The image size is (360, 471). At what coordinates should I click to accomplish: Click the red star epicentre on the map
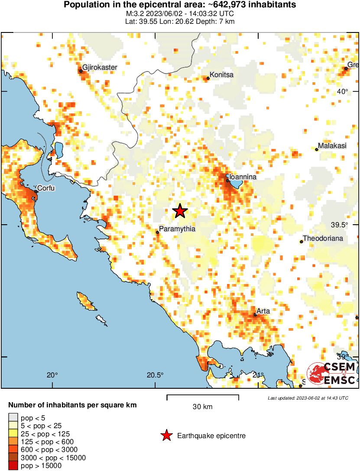tap(180, 211)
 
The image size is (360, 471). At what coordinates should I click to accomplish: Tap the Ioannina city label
tap(243, 177)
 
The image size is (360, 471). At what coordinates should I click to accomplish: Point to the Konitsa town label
tap(221, 75)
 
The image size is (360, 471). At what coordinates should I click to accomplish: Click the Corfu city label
tap(46, 188)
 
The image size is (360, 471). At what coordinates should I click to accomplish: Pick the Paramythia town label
tap(178, 229)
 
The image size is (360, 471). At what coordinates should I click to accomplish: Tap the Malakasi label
tap(332, 146)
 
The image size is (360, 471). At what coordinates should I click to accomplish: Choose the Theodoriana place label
tap(323, 239)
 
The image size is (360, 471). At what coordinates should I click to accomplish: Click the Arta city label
tap(263, 311)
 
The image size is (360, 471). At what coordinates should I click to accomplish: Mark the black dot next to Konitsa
tap(208, 78)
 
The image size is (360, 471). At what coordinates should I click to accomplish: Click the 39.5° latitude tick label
tap(339, 225)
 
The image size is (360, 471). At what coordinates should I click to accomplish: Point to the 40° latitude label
tap(343, 91)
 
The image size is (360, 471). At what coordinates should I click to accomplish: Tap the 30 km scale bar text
tap(202, 407)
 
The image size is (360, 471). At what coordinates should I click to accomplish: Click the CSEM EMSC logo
tap(332, 374)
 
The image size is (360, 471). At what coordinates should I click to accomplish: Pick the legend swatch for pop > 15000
tap(13, 466)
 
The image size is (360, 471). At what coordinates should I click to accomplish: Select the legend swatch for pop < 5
tap(13, 418)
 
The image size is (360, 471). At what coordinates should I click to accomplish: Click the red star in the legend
tap(166, 436)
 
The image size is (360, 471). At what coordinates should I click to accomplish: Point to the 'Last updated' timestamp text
tap(308, 398)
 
